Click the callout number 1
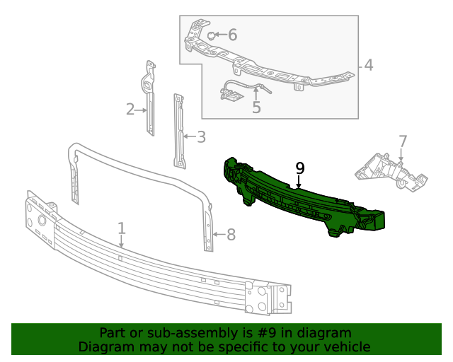[122, 228]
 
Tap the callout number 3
[201, 137]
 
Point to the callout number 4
[368, 66]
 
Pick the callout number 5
[256, 107]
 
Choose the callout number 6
[231, 35]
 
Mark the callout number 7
[402, 141]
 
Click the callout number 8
[231, 234]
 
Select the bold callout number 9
[299, 168]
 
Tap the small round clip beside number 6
[211, 35]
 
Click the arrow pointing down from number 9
[299, 182]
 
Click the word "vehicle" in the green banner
[348, 347]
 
